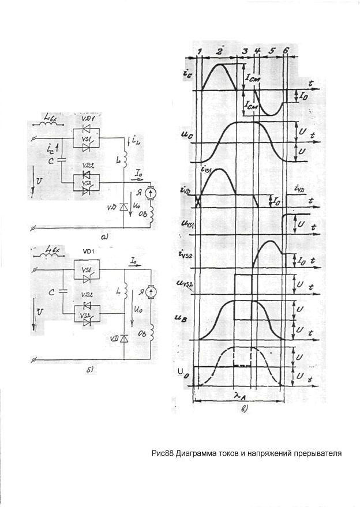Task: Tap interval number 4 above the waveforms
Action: tap(257, 51)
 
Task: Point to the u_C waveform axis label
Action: tap(185, 136)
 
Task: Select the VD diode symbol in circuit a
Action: tap(122, 206)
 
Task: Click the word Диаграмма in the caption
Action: tap(200, 453)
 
